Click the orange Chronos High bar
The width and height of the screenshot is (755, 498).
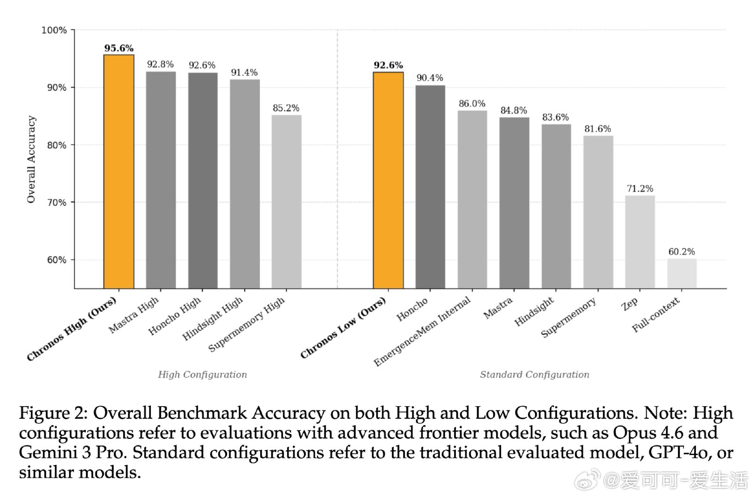click(x=119, y=172)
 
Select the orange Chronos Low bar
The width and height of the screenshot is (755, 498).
click(x=388, y=180)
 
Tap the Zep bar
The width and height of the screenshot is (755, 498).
click(x=640, y=242)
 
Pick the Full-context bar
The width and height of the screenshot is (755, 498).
click(x=682, y=273)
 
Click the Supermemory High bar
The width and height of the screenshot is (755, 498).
click(x=286, y=202)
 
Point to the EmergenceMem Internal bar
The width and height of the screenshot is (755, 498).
click(x=472, y=200)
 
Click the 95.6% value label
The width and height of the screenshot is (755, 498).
click(x=119, y=48)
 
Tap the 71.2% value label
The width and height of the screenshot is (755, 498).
click(x=640, y=188)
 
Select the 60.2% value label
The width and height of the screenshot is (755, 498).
click(x=682, y=251)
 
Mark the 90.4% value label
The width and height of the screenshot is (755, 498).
click(x=430, y=78)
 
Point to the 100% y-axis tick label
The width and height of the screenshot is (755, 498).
click(x=54, y=30)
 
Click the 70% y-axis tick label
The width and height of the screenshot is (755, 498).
click(x=56, y=202)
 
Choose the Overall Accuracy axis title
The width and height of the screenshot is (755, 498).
click(x=31, y=159)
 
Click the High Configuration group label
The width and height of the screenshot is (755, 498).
click(x=202, y=374)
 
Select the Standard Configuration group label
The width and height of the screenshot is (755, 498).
click(x=534, y=374)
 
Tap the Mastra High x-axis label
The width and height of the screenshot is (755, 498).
click(x=134, y=314)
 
